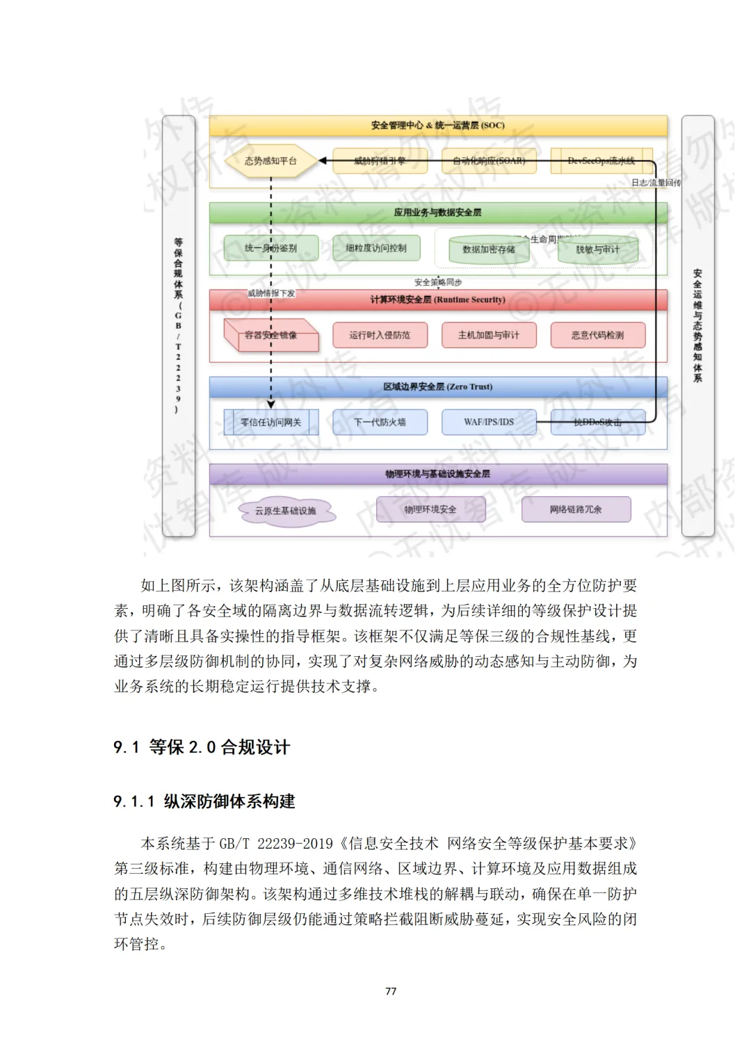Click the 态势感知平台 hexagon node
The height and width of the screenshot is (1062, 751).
coord(270,161)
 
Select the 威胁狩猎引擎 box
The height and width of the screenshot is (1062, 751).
coord(380,161)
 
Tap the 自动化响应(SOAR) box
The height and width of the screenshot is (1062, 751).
coord(489,161)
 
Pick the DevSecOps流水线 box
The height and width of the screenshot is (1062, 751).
coord(601,161)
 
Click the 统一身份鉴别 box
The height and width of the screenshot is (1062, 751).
coord(270,248)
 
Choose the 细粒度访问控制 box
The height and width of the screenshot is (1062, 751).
coord(376,248)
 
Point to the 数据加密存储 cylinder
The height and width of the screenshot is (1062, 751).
coord(489,250)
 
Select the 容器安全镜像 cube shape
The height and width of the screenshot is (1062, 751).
coord(270,336)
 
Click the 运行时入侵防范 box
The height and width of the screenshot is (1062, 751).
coord(380,335)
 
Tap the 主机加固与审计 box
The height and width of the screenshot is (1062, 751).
coord(489,335)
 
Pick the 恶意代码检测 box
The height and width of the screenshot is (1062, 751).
coord(598,335)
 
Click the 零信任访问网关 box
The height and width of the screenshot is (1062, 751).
coord(270,423)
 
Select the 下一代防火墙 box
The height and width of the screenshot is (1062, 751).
coord(380,423)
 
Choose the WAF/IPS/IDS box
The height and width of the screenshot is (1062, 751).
coord(489,423)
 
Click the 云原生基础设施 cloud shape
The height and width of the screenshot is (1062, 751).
coord(285,512)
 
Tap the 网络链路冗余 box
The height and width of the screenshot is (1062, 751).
coord(576,509)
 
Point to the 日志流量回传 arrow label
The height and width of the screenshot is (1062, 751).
coord(656,183)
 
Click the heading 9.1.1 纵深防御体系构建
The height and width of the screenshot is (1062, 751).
coord(204,801)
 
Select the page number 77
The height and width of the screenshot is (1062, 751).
coord(391,991)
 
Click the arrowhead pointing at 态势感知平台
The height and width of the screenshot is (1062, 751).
coord(323,161)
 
